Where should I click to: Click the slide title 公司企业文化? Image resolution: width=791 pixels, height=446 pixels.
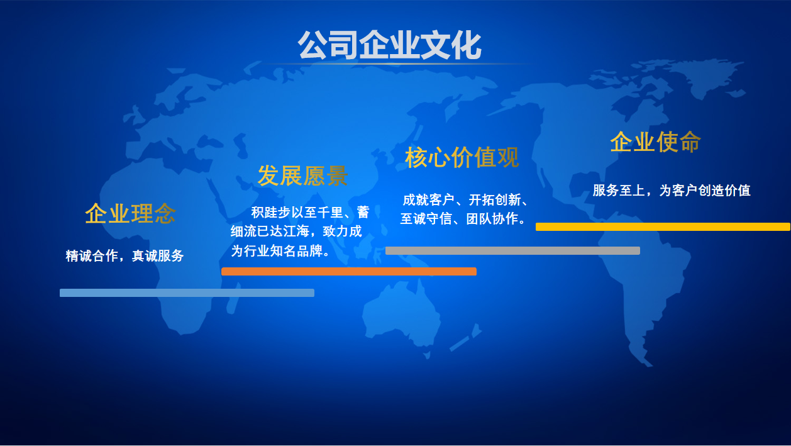tap(389, 45)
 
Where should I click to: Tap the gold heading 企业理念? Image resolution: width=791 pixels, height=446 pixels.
tap(130, 213)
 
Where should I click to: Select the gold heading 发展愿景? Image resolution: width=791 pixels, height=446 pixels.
tap(302, 176)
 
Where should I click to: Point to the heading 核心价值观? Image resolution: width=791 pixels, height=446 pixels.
tap(462, 157)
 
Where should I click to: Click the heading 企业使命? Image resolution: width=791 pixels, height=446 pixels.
tap(655, 142)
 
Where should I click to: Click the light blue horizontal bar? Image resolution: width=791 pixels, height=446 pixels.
tap(187, 293)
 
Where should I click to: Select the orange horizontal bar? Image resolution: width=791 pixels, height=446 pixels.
tap(349, 271)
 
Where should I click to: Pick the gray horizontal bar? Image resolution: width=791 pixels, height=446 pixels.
tap(512, 250)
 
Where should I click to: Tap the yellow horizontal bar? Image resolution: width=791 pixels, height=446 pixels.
tap(663, 226)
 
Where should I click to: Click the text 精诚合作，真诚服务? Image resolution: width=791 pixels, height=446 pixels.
tap(124, 255)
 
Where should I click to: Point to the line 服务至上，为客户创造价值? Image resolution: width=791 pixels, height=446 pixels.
tap(672, 190)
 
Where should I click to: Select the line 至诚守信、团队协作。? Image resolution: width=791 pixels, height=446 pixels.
tap(463, 219)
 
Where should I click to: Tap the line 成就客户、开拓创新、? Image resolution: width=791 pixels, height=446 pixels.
tap(465, 200)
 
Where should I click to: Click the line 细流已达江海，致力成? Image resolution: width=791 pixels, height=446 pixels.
tap(296, 231)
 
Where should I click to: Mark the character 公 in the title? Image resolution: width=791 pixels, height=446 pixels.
tap(313, 45)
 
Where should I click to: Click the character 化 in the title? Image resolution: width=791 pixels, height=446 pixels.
tap(467, 45)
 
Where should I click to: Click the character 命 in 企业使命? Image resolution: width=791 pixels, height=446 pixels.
tap(690, 142)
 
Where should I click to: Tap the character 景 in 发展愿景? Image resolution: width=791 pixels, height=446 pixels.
tap(337, 176)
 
